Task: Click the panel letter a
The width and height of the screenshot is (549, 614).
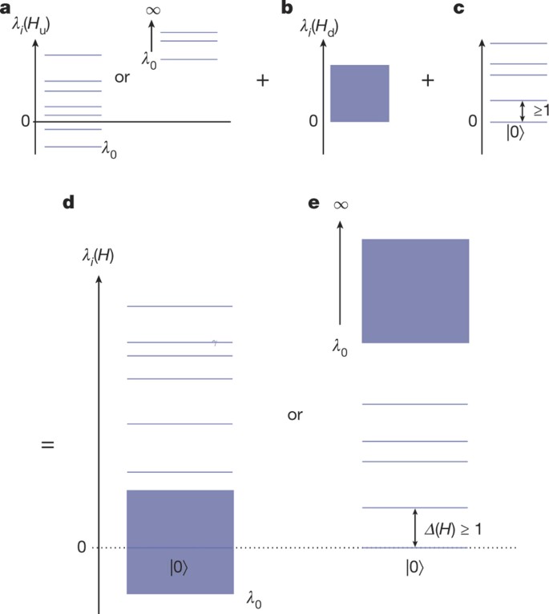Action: point(6,10)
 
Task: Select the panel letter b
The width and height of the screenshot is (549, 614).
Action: point(309,10)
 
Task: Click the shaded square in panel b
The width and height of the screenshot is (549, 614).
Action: point(359,93)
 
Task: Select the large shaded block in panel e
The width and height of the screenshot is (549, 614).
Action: point(414,290)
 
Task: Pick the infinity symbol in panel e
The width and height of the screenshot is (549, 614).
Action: point(340,204)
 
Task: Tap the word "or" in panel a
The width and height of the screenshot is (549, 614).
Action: point(123,80)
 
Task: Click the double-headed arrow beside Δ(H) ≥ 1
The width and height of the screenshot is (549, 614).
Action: point(414,527)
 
